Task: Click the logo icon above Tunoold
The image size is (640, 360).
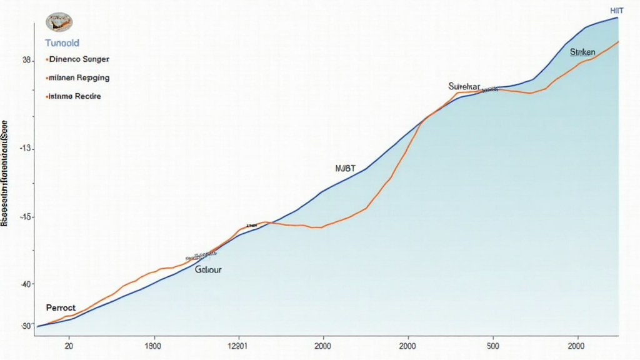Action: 59,23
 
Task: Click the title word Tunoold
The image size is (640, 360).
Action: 61,43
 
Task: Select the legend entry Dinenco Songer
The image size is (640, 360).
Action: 78,59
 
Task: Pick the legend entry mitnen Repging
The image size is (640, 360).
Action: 78,78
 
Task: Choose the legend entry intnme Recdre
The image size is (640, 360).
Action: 74,97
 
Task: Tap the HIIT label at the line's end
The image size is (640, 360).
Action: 616,11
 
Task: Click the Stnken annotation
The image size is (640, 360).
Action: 582,52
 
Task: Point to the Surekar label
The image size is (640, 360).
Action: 464,86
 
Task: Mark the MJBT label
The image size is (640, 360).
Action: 345,168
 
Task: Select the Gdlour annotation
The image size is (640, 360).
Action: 208,270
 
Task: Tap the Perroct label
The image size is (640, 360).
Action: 61,307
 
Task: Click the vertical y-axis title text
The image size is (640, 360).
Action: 5,171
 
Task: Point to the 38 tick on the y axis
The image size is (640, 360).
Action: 27,61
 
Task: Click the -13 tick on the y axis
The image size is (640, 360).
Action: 26,148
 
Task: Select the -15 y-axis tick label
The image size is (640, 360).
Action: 26,217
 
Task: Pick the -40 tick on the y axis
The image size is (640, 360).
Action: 26,284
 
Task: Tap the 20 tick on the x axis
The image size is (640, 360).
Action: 69,345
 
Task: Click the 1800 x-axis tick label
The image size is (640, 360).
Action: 152,345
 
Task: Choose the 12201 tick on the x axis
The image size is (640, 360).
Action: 238,345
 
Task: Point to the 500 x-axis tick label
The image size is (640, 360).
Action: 492,345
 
